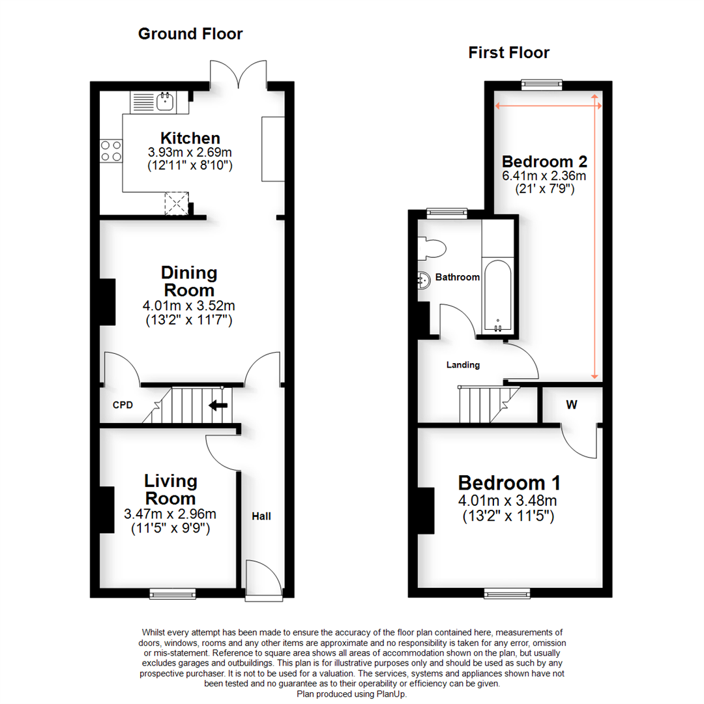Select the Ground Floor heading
[190, 34]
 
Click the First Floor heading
[508, 53]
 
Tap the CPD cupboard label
[123, 405]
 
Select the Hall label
[261, 516]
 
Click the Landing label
[463, 365]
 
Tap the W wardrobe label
[572, 405]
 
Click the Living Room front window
[173, 593]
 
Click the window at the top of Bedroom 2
[542, 83]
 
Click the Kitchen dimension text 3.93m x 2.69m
[190, 153]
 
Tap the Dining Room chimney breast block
[108, 302]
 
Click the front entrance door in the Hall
[264, 579]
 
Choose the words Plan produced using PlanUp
[352, 695]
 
